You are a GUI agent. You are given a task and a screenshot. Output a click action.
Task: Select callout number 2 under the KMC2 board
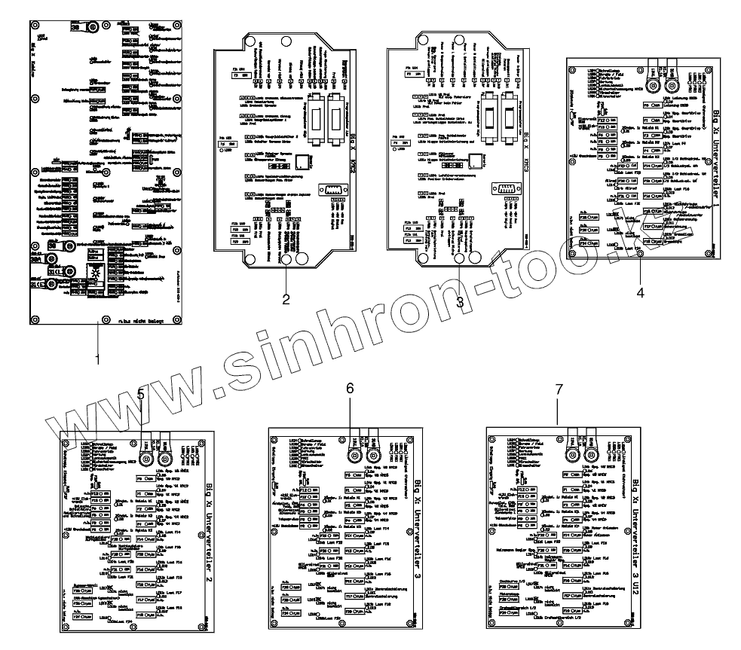286,300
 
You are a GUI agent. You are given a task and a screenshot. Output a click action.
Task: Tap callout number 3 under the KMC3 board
459,301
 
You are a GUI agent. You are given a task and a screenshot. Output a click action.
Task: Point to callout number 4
640,293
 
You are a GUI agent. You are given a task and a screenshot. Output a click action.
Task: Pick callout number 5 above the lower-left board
141,393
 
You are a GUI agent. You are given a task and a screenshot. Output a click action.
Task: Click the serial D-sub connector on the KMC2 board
332,191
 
